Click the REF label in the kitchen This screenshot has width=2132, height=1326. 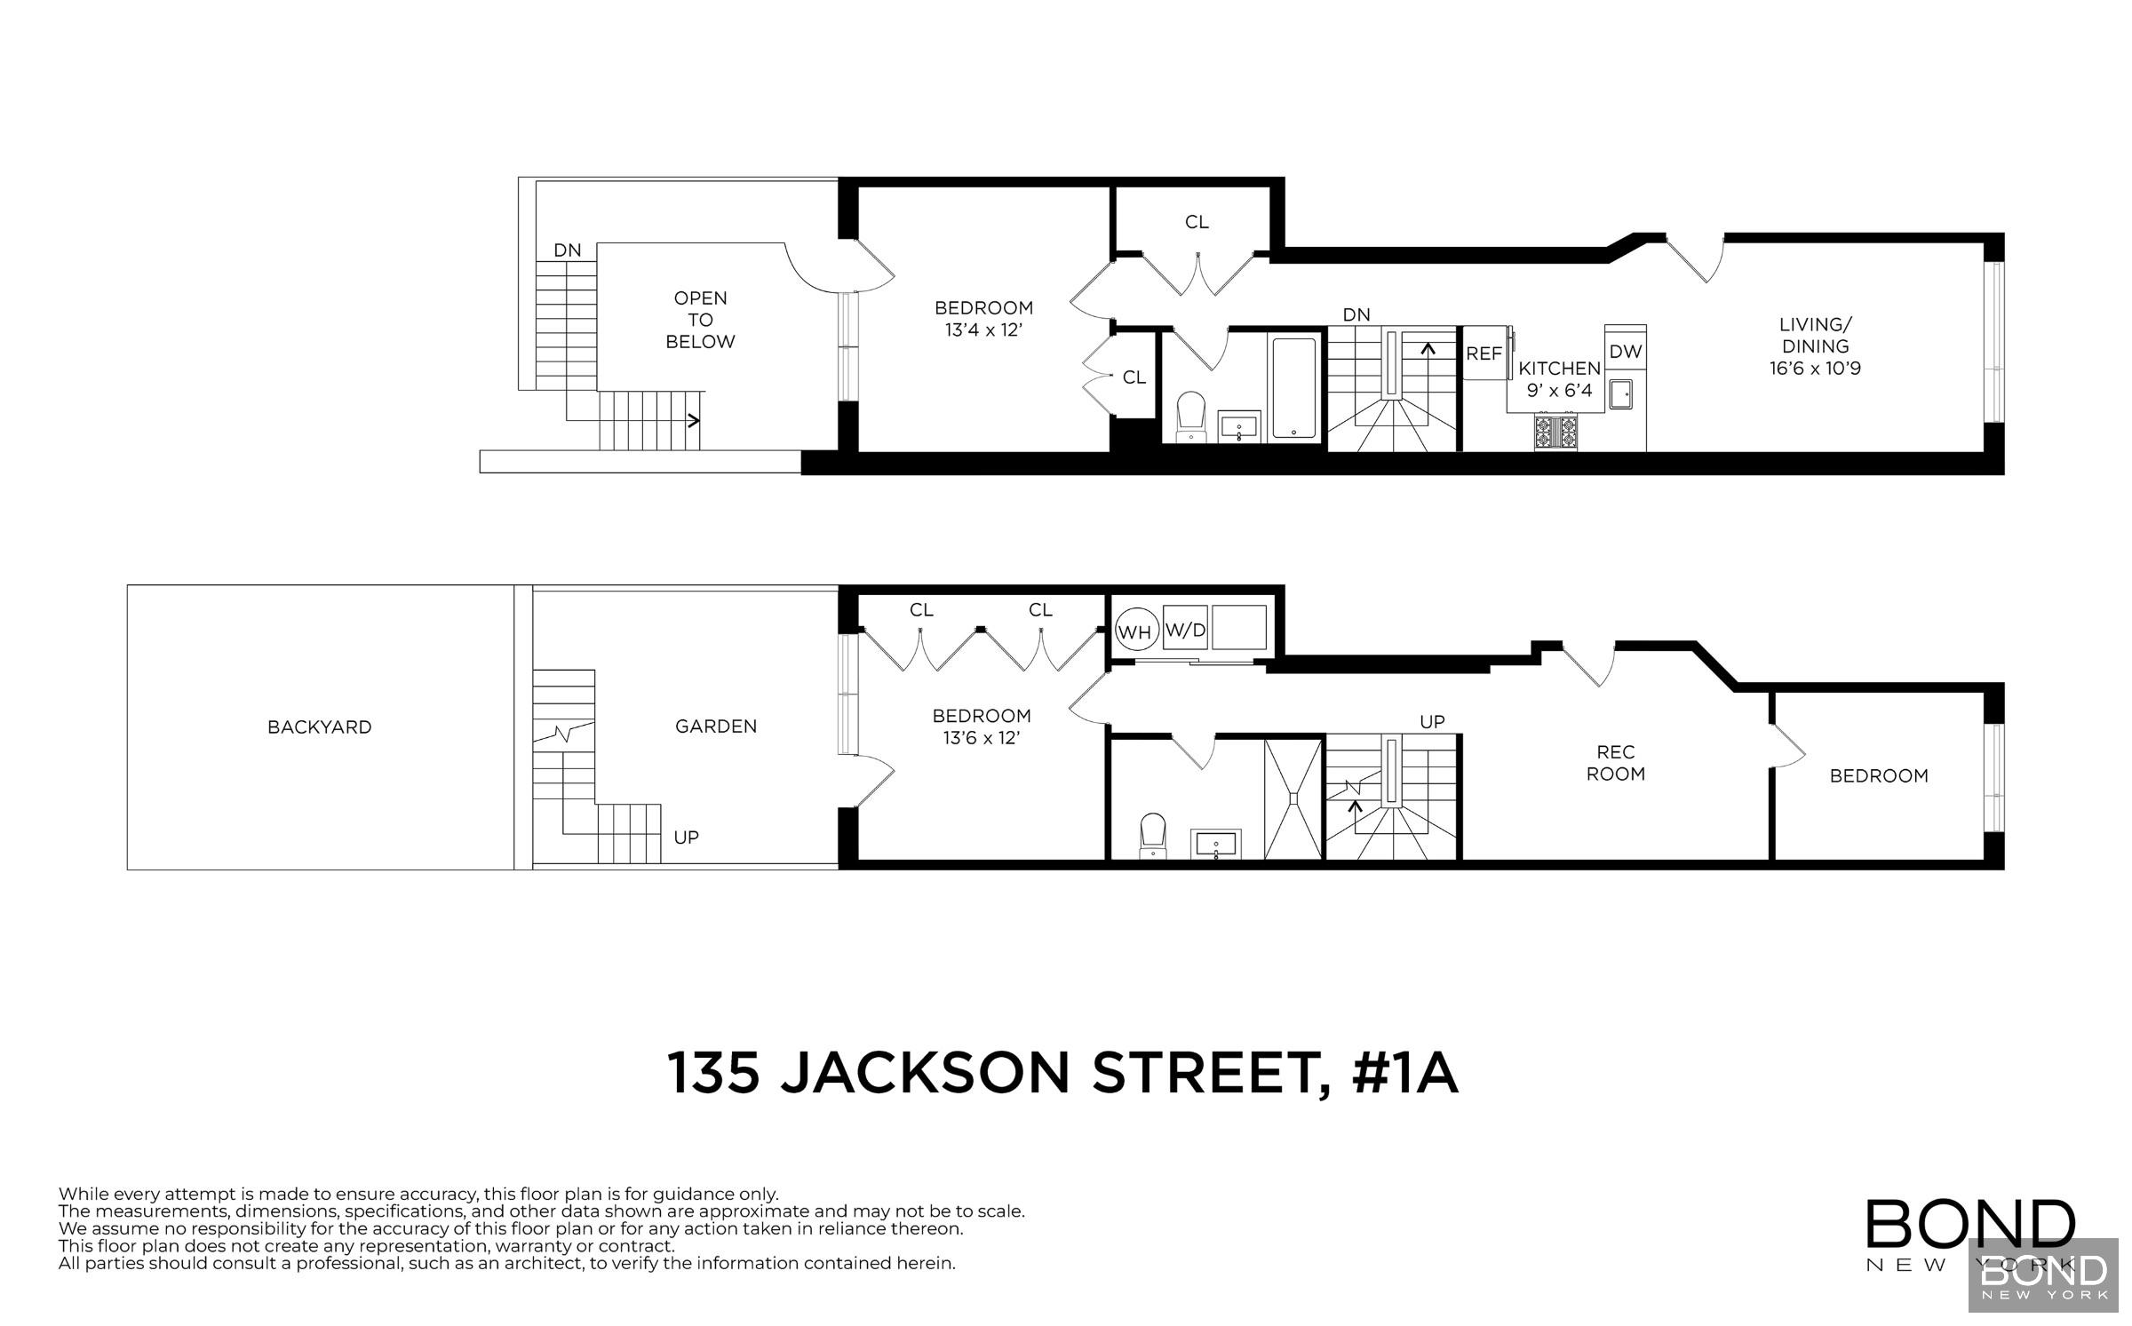[x=1484, y=353]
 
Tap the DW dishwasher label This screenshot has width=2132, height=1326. [x=1626, y=352]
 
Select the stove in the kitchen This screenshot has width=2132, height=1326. [x=1555, y=432]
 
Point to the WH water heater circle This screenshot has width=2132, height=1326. [x=1134, y=632]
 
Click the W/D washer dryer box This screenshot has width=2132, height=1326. [x=1186, y=631]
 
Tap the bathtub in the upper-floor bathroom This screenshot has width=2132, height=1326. [x=1293, y=388]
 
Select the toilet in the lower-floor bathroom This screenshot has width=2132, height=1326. [x=1153, y=834]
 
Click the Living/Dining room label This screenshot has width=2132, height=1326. [x=1815, y=346]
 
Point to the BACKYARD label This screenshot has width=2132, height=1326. [x=319, y=727]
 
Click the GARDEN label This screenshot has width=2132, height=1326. [x=716, y=727]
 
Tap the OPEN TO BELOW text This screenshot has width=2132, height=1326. [x=700, y=320]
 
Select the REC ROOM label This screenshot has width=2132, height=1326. [x=1615, y=763]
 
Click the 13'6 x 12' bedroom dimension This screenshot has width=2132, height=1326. [x=981, y=738]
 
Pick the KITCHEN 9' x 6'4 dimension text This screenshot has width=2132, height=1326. [x=1559, y=378]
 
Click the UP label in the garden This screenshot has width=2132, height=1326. [x=686, y=838]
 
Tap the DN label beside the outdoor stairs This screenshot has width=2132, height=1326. [x=567, y=250]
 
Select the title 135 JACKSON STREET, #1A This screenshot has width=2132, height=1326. [x=1062, y=1074]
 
